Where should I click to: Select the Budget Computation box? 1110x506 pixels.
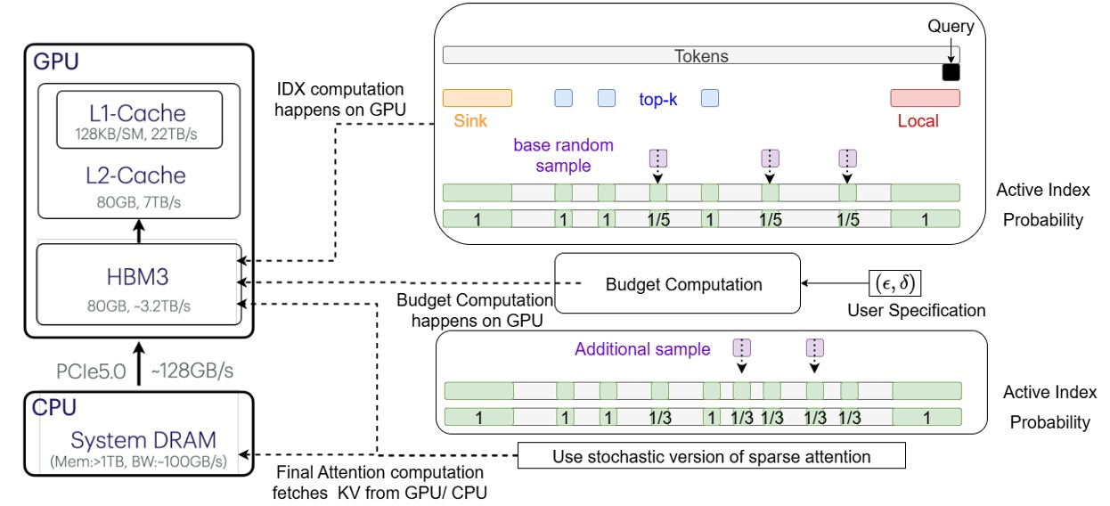pyautogui.click(x=683, y=285)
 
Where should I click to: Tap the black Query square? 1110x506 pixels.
pyautogui.click(x=951, y=72)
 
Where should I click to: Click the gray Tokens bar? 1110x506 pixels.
pyautogui.click(x=700, y=56)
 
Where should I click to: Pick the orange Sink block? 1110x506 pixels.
pyautogui.click(x=477, y=98)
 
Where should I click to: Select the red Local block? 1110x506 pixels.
pyautogui.click(x=925, y=98)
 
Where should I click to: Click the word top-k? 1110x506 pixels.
pyautogui.click(x=657, y=99)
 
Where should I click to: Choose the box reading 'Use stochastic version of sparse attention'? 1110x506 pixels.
pyautogui.click(x=711, y=457)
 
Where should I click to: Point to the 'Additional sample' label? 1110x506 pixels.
pyautogui.click(x=642, y=349)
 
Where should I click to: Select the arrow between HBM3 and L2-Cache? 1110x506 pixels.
pyautogui.click(x=138, y=232)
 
